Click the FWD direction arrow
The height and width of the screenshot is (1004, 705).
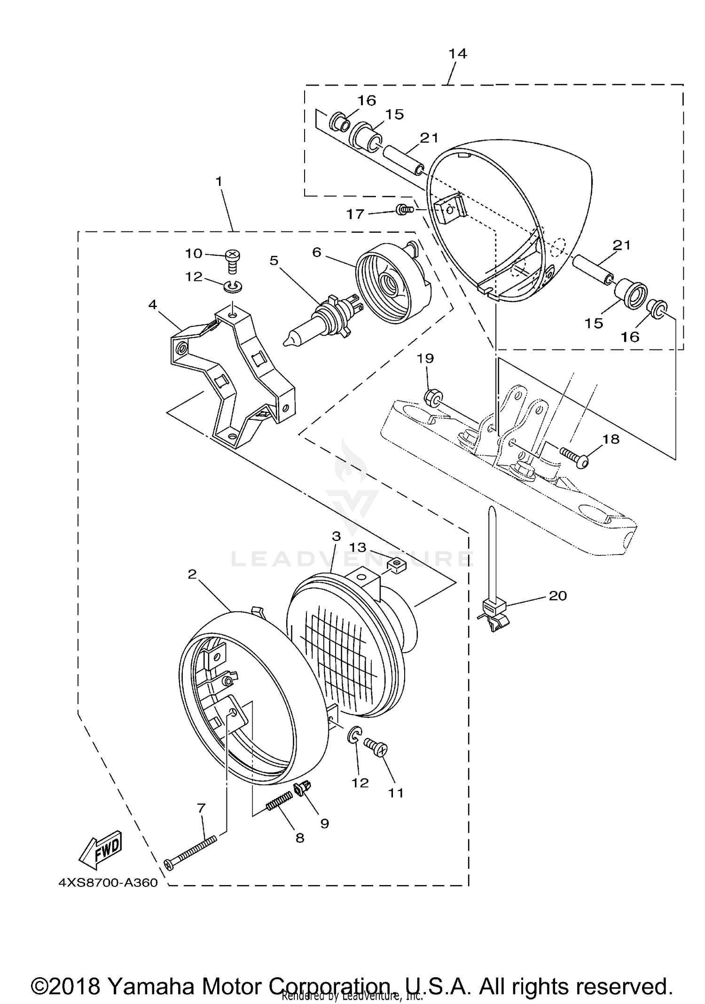pos(101,852)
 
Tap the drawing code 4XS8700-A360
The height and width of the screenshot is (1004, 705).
pos(108,883)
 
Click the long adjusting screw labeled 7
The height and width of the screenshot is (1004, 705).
pos(190,851)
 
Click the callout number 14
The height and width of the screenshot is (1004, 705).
pos(457,54)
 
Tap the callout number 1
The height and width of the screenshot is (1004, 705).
pos(219,181)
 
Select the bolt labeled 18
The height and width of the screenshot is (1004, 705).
pos(574,456)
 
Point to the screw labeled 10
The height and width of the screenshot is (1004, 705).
pos(233,261)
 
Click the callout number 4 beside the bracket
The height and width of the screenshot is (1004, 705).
pos(152,304)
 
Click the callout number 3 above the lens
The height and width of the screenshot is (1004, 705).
pos(336,536)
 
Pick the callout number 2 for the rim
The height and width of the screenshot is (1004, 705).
pos(192,574)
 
